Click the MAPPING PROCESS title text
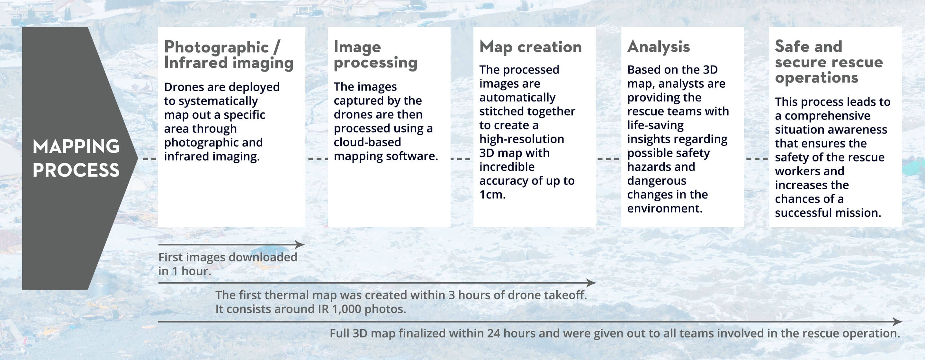pos(76,158)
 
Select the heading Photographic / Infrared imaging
pos(229,55)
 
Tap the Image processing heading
pos(376,55)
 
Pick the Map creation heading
pos(530,47)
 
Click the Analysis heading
pos(659,47)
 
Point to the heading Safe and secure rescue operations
pos(829,62)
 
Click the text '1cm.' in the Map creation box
pos(492,195)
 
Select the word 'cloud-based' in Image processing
pos(367,142)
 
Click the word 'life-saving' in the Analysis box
pos(655,125)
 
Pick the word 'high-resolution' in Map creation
pos(522,139)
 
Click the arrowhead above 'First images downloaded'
pos(300,245)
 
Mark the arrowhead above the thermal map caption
pos(591,283)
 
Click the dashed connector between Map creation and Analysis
pos(608,159)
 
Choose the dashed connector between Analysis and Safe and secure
pos(757,159)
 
